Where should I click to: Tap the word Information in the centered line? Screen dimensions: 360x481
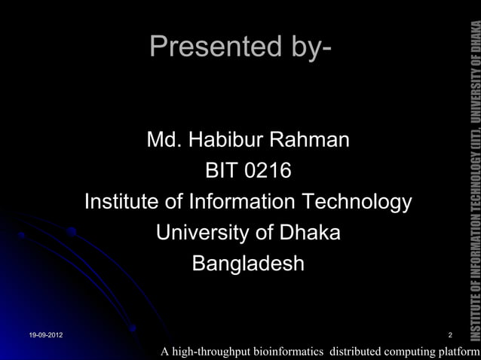(x=244, y=203)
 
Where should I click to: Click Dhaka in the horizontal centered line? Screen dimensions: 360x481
(x=309, y=233)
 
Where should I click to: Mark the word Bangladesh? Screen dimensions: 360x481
(x=248, y=264)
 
